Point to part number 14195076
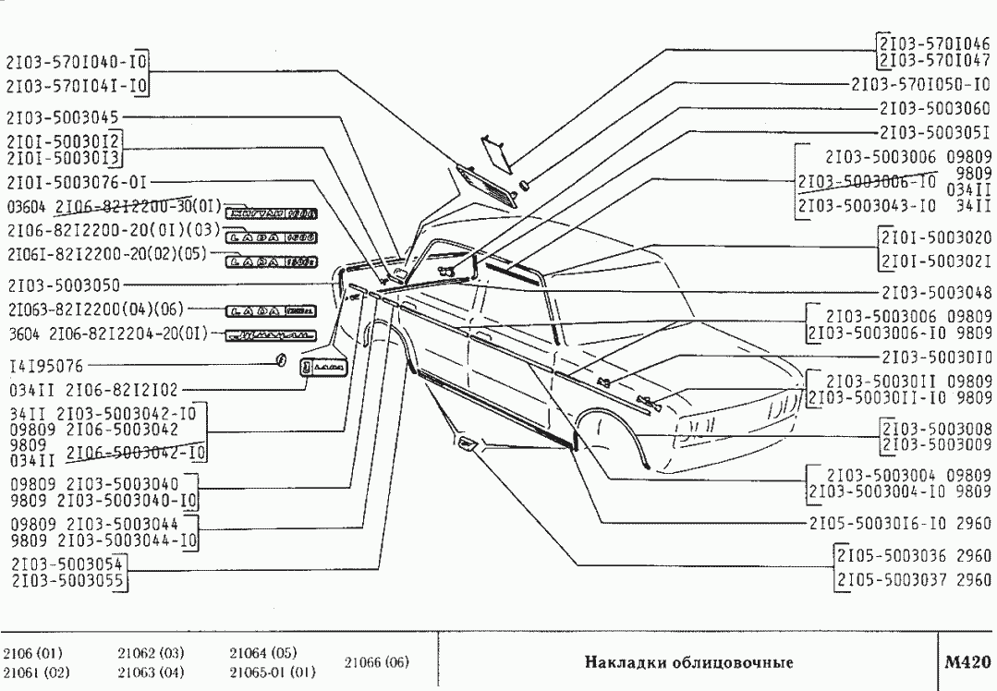tap(47, 366)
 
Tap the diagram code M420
tap(967, 661)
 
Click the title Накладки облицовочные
tap(688, 662)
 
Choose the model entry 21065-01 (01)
tap(273, 671)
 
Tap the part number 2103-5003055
tap(67, 580)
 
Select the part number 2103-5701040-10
tap(77, 64)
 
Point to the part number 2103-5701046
tap(935, 42)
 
